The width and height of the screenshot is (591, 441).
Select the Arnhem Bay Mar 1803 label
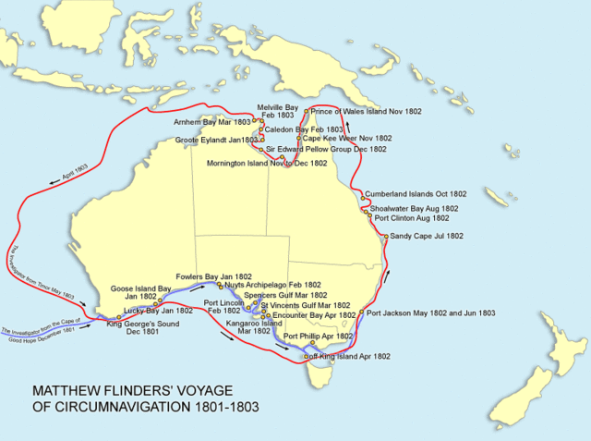214,121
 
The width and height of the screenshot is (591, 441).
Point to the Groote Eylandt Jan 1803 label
215,140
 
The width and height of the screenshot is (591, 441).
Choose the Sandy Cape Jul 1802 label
428,237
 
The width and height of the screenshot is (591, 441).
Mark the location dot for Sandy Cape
387,237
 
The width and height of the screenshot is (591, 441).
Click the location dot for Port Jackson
363,313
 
